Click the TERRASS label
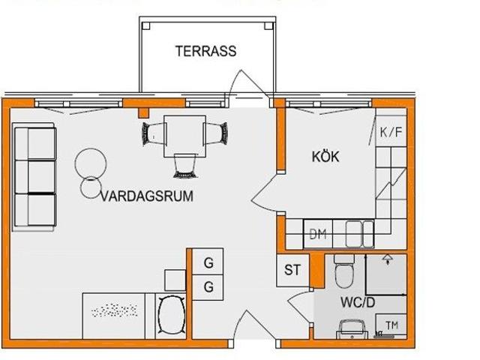205,52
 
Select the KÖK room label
325,157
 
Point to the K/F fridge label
391,133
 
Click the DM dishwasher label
318,235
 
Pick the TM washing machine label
391,325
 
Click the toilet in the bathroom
344,274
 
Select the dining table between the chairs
184,133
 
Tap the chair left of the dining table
152,133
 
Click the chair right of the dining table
217,133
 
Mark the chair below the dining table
184,164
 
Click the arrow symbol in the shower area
387,259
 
